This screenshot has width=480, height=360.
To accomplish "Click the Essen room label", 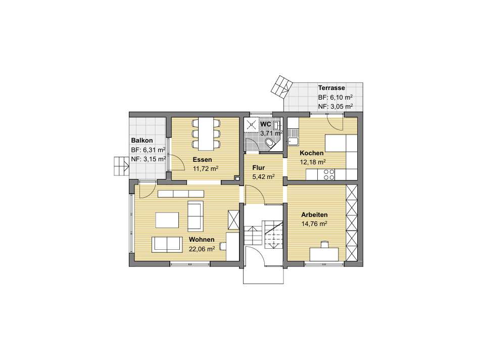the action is (202, 160).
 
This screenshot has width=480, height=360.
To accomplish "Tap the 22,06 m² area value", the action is (202, 249).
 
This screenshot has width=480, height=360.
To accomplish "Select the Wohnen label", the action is (202, 239).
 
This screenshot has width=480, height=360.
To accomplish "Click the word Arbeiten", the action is (314, 215).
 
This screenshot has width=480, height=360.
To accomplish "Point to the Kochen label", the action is (312, 153).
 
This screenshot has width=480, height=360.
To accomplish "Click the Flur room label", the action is (258, 167).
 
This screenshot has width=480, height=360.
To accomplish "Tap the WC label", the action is (265, 124).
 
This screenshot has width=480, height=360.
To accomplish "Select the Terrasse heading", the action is (331, 87).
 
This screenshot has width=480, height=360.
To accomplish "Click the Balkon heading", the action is (142, 141).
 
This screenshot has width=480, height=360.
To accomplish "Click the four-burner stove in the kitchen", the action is (326, 174).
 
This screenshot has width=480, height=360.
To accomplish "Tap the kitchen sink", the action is (293, 137).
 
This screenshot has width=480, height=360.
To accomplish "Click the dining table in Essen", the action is (206, 134).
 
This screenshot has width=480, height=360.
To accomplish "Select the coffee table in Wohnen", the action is (167, 220).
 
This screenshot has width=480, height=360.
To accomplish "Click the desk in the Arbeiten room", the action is (324, 254).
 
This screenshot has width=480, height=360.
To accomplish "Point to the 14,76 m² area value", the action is (314, 223).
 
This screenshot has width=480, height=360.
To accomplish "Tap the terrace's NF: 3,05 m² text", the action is (335, 106).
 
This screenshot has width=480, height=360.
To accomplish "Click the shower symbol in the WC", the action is (251, 124).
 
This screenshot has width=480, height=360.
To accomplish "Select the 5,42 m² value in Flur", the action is (263, 176).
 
